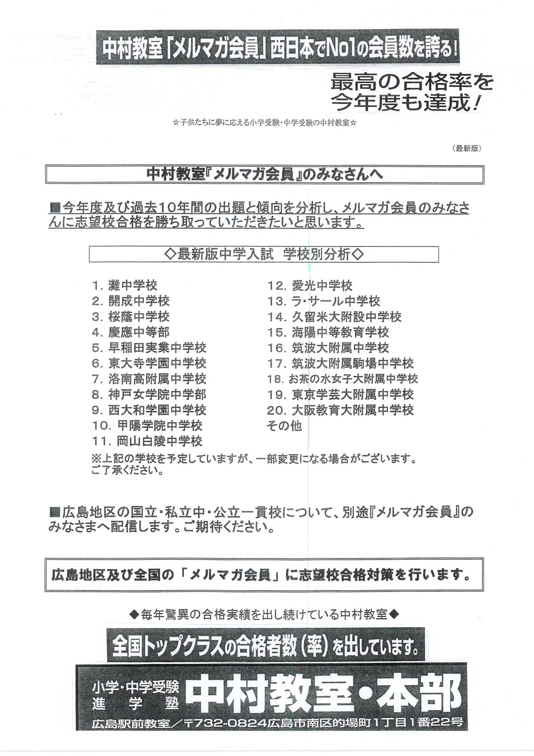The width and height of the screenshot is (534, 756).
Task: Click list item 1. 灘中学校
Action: [125, 285]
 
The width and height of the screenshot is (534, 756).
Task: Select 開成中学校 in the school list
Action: [131, 301]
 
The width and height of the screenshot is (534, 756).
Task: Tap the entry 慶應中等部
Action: [131, 332]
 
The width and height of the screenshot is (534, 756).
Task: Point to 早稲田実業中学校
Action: [149, 348]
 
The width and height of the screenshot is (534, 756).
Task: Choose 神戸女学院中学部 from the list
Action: [149, 395]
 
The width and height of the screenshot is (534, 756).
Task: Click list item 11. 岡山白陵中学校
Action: [147, 441]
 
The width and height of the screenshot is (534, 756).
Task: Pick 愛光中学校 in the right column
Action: [310, 285]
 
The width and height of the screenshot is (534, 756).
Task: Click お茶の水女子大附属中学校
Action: [342, 379]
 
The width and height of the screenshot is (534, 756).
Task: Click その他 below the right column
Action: [284, 426]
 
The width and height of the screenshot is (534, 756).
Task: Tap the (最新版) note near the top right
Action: [467, 148]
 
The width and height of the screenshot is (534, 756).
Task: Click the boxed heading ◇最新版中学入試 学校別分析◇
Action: [264, 255]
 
